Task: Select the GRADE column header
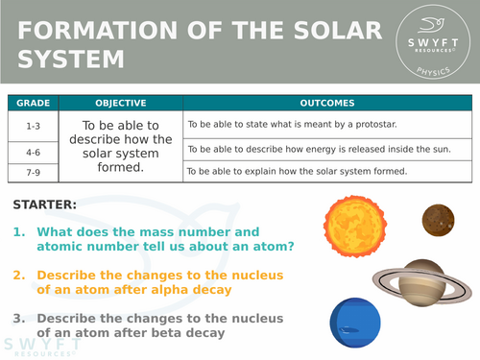[32, 103]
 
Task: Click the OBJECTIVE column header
[120, 103]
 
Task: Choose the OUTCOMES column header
[326, 103]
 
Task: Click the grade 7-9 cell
[32, 172]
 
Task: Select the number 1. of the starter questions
[19, 231]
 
